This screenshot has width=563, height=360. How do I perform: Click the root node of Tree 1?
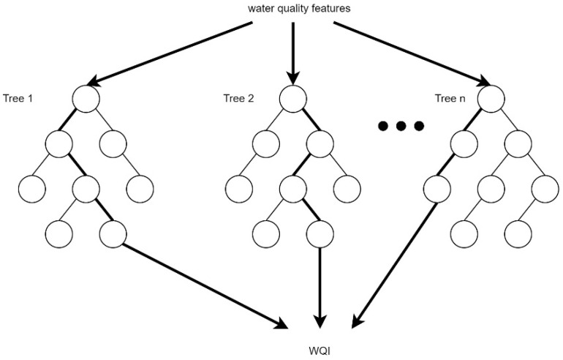pos(86,99)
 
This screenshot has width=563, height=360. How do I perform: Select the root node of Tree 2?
pos(292,99)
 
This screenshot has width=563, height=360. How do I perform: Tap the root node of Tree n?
pos(491,99)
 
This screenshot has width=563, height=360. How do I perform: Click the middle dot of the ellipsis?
pos(401,127)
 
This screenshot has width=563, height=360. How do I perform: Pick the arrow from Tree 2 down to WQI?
pos(319,285)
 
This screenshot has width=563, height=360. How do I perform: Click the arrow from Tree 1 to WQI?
pos(205,285)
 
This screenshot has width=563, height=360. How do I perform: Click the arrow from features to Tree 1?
pos(175,51)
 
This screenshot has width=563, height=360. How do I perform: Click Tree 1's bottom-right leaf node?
pos(113,234)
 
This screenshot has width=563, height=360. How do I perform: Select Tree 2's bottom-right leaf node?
pos(319,234)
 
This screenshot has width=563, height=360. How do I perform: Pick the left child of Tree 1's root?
pos(58,143)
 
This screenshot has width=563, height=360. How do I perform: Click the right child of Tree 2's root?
pos(319,143)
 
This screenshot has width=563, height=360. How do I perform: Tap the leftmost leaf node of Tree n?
pos(437,189)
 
